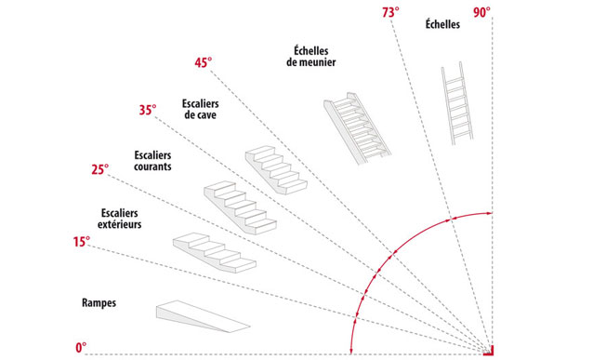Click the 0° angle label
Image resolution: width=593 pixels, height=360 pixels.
[81, 348]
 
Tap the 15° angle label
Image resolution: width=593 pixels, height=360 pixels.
[82, 242]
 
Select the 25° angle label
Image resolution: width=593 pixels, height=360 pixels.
[99, 169]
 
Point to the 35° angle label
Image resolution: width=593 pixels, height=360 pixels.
[148, 110]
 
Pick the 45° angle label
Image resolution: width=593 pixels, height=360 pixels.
[203, 62]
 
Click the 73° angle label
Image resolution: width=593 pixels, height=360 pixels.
[390, 12]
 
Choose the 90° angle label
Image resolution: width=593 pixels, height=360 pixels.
[481, 12]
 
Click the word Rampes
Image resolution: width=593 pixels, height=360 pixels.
[99, 303]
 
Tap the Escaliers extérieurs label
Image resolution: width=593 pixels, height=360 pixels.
[120, 219]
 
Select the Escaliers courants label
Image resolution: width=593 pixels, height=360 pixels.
[152, 161]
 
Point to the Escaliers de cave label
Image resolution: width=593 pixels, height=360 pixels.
[201, 109]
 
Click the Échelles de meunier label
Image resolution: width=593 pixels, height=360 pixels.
[310, 57]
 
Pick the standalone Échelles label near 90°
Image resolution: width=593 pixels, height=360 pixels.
[442, 24]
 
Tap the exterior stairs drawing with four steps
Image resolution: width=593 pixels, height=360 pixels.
[215, 252]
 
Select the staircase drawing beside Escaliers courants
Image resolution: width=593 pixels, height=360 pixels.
[240, 207]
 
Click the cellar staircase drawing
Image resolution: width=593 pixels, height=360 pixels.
[276, 170]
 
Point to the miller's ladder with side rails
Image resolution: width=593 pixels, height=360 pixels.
[357, 128]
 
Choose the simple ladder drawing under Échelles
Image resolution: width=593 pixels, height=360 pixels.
[457, 103]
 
